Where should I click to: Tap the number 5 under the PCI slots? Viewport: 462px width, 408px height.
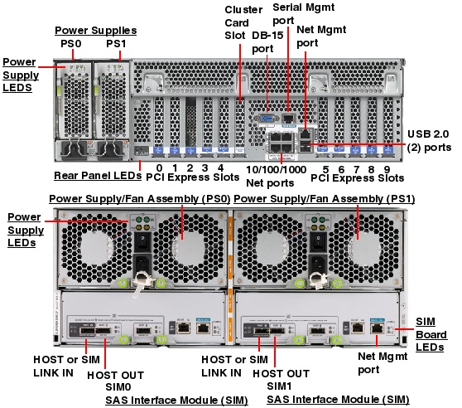coord(325,167)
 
